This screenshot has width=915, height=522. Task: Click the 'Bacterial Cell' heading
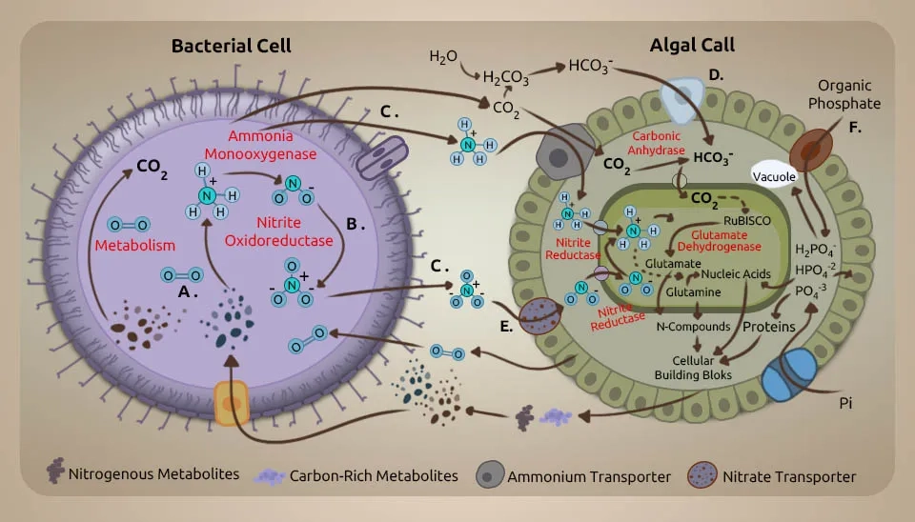pos(231,45)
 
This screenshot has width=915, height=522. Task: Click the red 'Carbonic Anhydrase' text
pos(657,142)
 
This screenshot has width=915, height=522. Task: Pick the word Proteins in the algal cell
pos(769,327)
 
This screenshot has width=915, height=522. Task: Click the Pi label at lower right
pos(844,404)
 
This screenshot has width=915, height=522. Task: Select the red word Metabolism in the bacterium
pos(135,246)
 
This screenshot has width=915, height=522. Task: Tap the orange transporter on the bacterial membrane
pos(232,406)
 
